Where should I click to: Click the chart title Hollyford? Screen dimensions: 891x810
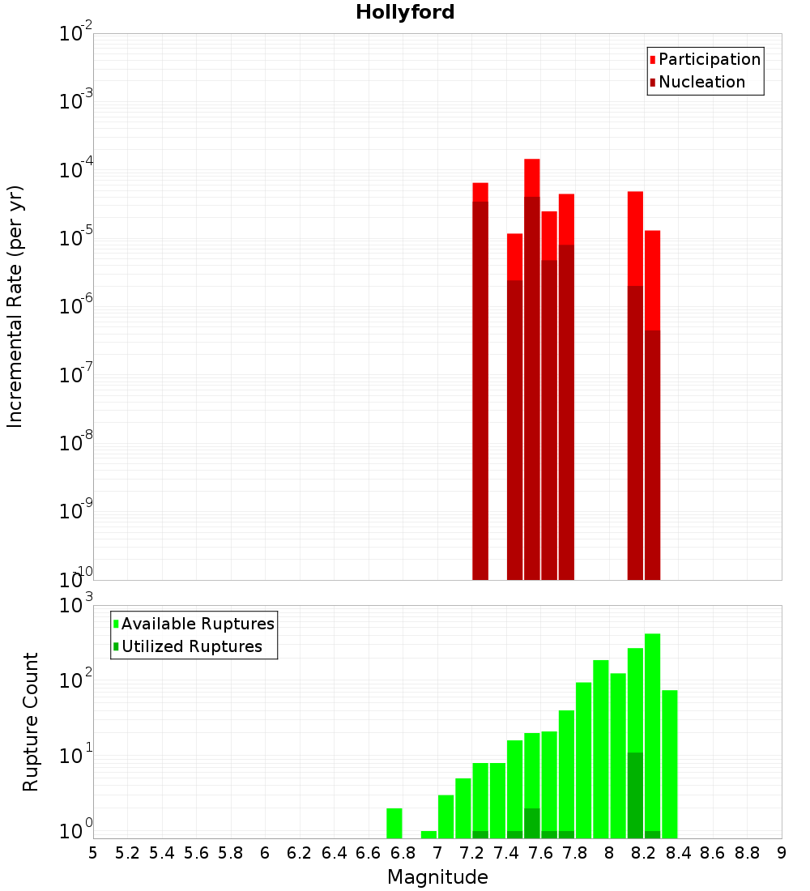(x=405, y=12)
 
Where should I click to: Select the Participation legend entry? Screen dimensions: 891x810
(x=710, y=59)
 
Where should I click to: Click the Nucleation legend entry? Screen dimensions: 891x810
(x=701, y=82)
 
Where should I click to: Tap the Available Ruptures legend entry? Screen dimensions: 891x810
(x=198, y=624)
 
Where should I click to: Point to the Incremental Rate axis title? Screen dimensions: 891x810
(x=15, y=306)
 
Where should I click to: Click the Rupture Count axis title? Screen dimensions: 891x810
(x=31, y=721)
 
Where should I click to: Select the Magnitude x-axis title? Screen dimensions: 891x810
(x=437, y=877)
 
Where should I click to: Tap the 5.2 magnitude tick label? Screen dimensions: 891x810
(x=128, y=853)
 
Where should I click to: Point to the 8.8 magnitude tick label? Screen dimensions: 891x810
(x=747, y=853)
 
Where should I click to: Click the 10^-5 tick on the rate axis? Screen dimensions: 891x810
(x=73, y=238)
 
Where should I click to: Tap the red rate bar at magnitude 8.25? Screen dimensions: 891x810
(x=653, y=405)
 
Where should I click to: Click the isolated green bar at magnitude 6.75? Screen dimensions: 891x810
(x=394, y=823)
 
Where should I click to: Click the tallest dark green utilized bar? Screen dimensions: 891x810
(x=636, y=795)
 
